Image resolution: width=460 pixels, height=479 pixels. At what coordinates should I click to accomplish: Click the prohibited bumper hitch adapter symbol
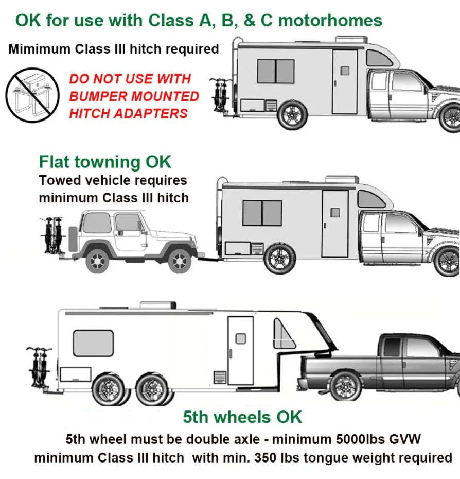pyautogui.click(x=29, y=95)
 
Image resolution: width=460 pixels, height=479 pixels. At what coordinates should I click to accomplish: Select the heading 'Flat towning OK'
pyautogui.click(x=105, y=162)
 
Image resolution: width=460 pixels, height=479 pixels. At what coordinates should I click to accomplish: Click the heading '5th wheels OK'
pyautogui.click(x=242, y=417)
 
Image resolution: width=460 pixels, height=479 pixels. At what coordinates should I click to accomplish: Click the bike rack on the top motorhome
pyautogui.click(x=220, y=95)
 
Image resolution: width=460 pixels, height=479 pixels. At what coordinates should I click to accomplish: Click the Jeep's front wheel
pyautogui.click(x=180, y=261)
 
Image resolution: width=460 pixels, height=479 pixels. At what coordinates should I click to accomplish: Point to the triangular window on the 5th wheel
pyautogui.click(x=283, y=334)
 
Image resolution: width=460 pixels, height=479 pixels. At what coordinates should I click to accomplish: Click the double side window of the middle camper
pyautogui.click(x=262, y=213)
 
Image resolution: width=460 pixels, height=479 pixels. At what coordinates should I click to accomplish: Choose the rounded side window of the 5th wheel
pyautogui.click(x=93, y=343)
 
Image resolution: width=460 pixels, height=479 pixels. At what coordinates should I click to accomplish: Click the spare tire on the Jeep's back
pyautogui.click(x=74, y=240)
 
